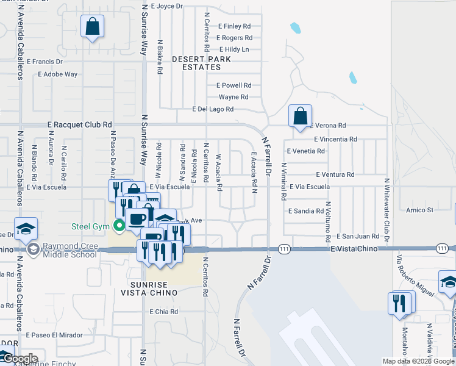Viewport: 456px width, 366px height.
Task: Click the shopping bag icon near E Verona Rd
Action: (x=300, y=116)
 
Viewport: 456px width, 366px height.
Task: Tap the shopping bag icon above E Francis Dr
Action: (x=92, y=27)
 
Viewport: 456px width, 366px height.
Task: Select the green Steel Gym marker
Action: (x=120, y=226)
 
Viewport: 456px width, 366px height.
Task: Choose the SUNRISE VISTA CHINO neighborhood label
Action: (x=153, y=289)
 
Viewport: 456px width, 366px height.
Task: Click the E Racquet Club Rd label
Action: (x=80, y=124)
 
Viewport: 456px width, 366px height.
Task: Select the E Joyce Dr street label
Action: (x=166, y=6)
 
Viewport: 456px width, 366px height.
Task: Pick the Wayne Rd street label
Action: (x=233, y=97)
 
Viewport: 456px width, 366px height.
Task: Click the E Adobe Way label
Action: (x=57, y=74)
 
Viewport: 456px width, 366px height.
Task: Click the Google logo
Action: (x=20, y=359)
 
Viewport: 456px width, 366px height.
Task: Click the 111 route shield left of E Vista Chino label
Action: (x=283, y=249)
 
